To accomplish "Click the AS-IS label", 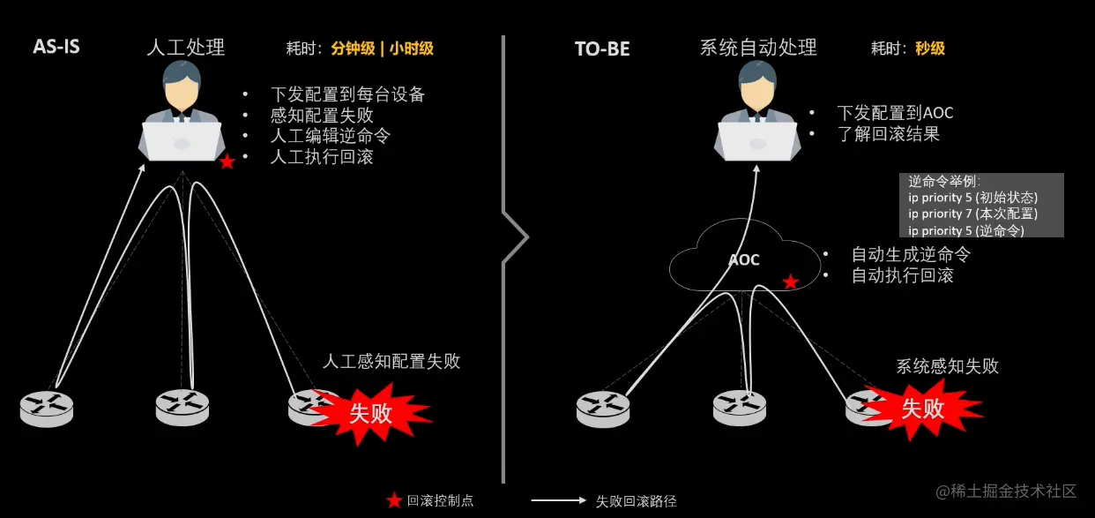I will [56, 47].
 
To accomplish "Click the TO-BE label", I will [602, 49].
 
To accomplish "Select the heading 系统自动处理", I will [758, 48].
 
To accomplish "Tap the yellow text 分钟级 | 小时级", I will [383, 49].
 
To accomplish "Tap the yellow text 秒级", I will [929, 49].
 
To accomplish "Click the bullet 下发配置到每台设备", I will [348, 94].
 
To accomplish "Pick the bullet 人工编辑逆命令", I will [330, 137].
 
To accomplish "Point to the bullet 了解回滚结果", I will [888, 134].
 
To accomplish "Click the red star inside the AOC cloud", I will [791, 282].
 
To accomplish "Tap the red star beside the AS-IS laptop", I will [227, 161].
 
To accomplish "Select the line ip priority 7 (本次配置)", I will [972, 214].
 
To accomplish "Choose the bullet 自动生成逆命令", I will [910, 254].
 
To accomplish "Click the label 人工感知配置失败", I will [391, 361].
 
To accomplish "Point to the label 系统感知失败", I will [947, 366].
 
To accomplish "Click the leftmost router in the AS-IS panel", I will [47, 408].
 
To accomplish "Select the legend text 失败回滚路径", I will [636, 501].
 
